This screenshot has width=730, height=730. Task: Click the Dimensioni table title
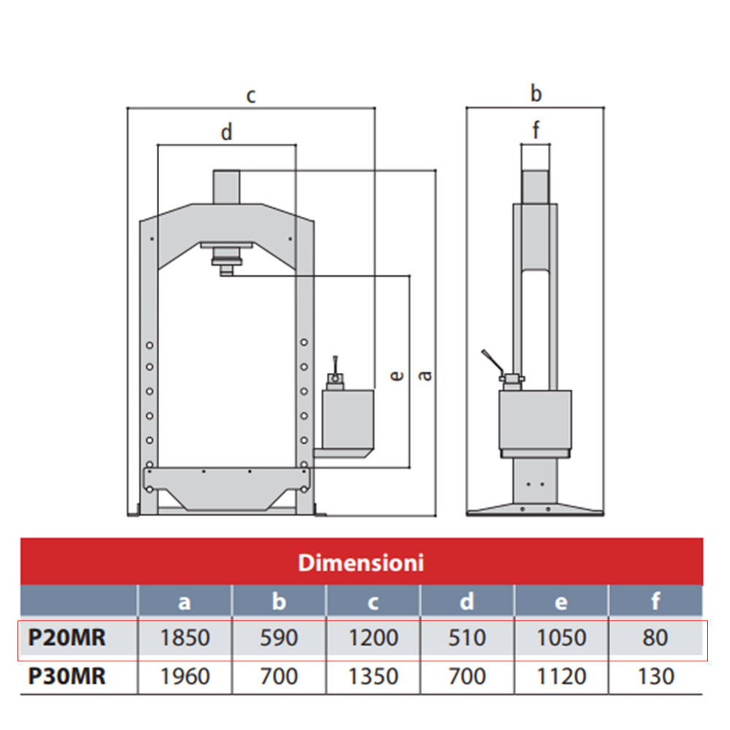click(x=361, y=563)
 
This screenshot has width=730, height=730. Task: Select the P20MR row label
click(x=67, y=638)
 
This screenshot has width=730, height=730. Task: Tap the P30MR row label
click(x=67, y=677)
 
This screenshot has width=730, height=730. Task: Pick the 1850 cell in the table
click(x=184, y=638)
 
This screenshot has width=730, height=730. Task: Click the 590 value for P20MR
click(x=279, y=638)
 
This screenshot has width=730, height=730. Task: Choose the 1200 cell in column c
click(x=373, y=638)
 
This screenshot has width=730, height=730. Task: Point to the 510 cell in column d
click(x=467, y=638)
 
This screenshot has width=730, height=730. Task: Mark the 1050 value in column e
click(x=561, y=638)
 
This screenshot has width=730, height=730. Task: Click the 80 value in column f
click(x=656, y=638)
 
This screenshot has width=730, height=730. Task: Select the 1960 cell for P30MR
click(x=184, y=677)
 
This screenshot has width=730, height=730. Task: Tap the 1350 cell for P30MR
click(x=373, y=677)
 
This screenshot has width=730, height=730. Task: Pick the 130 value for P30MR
click(x=656, y=677)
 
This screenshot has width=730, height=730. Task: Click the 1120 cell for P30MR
click(x=561, y=677)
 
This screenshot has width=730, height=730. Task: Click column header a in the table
click(x=184, y=601)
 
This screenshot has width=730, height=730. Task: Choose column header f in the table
click(x=656, y=601)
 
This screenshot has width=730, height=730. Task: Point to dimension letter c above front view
click(x=251, y=96)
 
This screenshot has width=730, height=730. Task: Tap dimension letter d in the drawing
click(x=226, y=133)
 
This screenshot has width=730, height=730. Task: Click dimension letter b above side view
click(x=536, y=93)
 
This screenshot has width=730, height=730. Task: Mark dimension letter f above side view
click(x=536, y=131)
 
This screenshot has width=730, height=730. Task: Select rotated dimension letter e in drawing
click(x=396, y=375)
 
